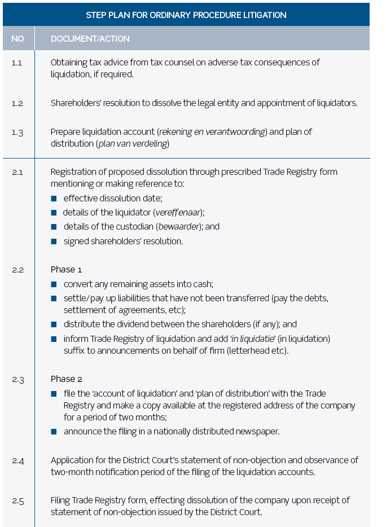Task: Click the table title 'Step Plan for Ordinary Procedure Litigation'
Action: pyautogui.click(x=186, y=15)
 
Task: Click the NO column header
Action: pyautogui.click(x=17, y=39)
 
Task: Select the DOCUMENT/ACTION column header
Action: pyautogui.click(x=90, y=39)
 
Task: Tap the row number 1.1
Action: pyautogui.click(x=17, y=63)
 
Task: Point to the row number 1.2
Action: pyautogui.click(x=17, y=103)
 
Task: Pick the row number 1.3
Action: pyautogui.click(x=17, y=132)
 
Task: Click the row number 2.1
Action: pyautogui.click(x=17, y=172)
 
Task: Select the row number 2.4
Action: pyautogui.click(x=17, y=460)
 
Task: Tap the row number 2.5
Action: pyautogui.click(x=17, y=500)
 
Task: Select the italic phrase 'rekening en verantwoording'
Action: pyautogui.click(x=212, y=132)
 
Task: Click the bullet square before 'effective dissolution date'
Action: pyautogui.click(x=54, y=199)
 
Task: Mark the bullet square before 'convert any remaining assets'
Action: pyautogui.click(x=54, y=284)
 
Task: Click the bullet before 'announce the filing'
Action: pyautogui.click(x=54, y=432)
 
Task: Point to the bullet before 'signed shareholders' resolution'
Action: pyautogui.click(x=54, y=241)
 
